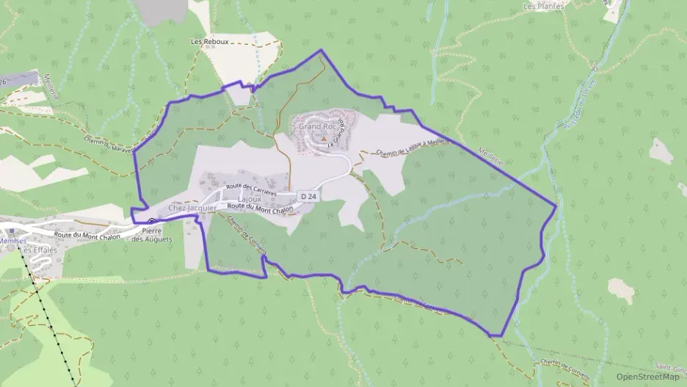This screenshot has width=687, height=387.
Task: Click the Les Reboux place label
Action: point(207,42)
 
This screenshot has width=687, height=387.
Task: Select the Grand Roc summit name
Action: point(317,126)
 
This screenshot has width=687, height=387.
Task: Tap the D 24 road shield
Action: point(309,197)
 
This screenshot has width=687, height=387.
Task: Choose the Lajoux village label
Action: point(250,199)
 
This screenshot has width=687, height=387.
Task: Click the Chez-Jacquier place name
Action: point(193,209)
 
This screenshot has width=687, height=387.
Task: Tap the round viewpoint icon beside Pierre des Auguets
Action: point(151,222)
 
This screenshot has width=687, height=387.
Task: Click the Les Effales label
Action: point(39,250)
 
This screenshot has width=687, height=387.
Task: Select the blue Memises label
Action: point(12,240)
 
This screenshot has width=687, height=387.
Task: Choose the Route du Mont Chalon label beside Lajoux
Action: point(260,208)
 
